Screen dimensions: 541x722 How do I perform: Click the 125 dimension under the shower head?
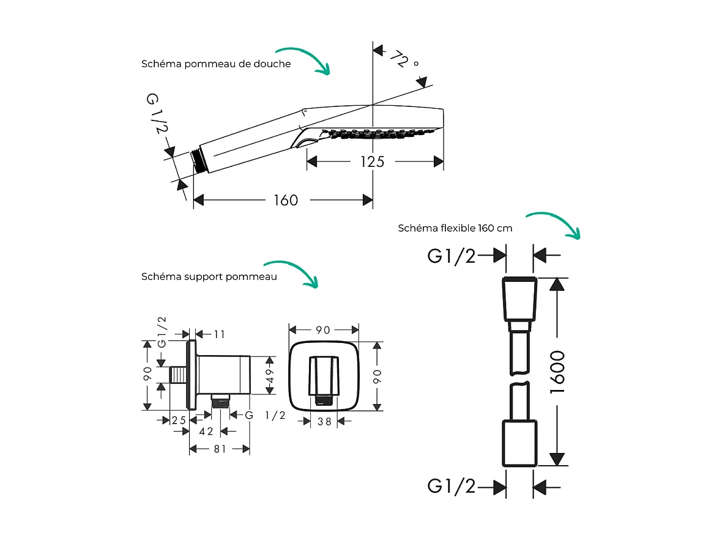[x=372, y=161]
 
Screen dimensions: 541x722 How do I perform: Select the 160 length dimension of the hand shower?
[x=285, y=200]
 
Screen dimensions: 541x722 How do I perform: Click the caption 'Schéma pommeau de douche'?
[x=216, y=64]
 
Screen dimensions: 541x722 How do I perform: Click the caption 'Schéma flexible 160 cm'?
[x=455, y=228]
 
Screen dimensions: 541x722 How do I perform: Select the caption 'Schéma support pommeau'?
[x=209, y=276]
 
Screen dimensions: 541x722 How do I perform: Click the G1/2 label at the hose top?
[x=451, y=256]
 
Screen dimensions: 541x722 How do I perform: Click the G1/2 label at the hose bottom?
[x=451, y=487]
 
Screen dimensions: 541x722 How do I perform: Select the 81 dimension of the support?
[x=220, y=449]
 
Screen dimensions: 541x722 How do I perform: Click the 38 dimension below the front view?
[x=324, y=421]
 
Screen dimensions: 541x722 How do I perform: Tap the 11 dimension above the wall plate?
[x=219, y=334]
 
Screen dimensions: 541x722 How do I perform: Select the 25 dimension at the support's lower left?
[x=179, y=420]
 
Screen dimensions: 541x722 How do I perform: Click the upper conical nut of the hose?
[x=519, y=300]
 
